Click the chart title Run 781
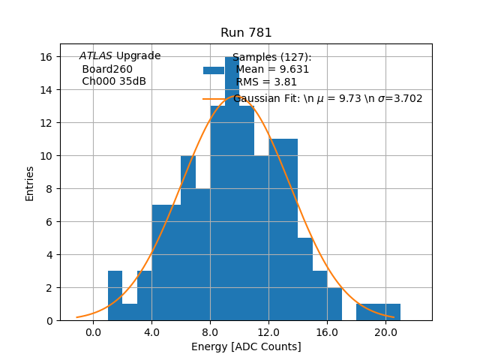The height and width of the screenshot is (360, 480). pos(246,33)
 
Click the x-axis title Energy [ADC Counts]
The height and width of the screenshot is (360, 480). pos(246,346)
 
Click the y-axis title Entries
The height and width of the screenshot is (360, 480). pos(30,183)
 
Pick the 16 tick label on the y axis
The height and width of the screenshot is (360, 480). pos(46,57)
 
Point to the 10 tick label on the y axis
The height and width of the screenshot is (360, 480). pos(46,156)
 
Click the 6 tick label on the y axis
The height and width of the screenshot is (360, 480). pos(49,222)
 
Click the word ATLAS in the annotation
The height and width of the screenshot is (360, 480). pos(96,56)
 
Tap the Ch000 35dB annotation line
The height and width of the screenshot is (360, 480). pos(114,81)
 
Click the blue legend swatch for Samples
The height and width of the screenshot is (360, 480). pos(213,70)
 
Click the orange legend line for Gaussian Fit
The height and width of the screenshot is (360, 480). pos(213,98)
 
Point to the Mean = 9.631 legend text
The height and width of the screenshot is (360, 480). pos(272,70)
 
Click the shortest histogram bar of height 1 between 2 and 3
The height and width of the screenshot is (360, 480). pos(130,312)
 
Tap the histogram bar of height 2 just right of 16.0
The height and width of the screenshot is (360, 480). pos(334,304)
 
